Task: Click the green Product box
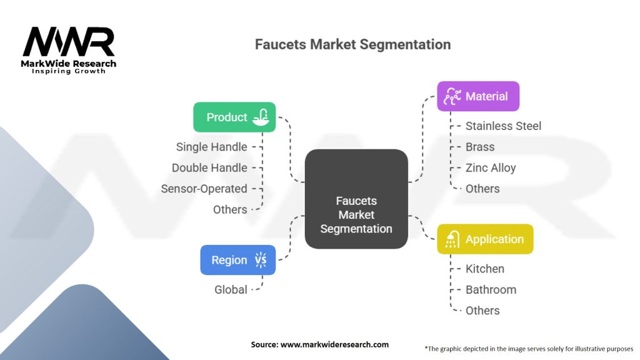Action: (234, 117)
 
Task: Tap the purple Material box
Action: (478, 96)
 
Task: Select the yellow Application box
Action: (485, 239)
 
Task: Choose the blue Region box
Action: (238, 260)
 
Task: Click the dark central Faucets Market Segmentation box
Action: (356, 199)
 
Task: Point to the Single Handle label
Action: (211, 147)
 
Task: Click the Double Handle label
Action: (209, 167)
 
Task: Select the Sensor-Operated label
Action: (204, 189)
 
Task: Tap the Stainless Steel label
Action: (503, 126)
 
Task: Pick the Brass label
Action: (480, 147)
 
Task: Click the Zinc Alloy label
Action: (491, 167)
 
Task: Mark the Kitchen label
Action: (485, 269)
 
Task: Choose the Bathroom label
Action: (491, 289)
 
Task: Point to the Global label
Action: (231, 289)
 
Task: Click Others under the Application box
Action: (482, 311)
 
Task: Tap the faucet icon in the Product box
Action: (261, 117)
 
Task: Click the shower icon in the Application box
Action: (451, 239)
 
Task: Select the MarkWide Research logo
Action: (69, 50)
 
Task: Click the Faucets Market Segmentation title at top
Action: (352, 44)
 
